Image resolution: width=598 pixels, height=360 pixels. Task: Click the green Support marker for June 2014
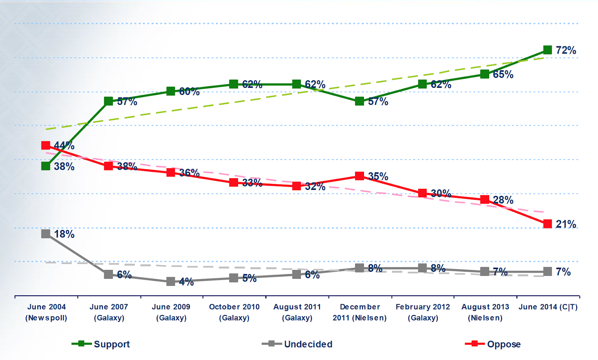tap(548, 50)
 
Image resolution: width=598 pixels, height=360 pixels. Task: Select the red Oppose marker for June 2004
tap(46, 145)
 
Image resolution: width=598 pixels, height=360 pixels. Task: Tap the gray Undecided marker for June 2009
tap(171, 281)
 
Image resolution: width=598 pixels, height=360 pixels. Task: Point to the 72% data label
tap(566, 50)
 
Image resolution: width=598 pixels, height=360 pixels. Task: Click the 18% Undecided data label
tap(64, 234)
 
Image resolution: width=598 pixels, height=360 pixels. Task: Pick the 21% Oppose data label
tap(566, 224)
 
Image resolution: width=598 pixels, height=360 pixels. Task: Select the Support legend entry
tap(101, 344)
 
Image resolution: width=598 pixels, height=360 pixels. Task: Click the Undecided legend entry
tap(297, 344)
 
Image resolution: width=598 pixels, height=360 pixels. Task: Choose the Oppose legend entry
tap(493, 344)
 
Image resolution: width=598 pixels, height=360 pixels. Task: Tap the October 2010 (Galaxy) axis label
tap(234, 312)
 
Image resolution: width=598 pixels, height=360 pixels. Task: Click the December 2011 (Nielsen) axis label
tap(360, 312)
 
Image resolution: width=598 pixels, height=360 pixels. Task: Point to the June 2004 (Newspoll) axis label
tap(46, 312)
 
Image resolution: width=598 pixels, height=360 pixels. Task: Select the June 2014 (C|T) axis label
tap(548, 307)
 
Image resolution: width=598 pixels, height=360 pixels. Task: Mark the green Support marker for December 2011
tap(360, 101)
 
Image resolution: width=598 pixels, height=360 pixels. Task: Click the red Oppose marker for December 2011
tap(360, 176)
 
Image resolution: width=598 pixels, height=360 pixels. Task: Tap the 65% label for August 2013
tap(503, 74)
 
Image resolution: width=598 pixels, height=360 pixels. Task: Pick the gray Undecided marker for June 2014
tap(548, 271)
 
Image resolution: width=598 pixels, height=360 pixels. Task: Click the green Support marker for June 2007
tap(108, 101)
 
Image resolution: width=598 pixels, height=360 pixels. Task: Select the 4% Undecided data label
tap(187, 282)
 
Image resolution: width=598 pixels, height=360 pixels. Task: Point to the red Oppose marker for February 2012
tap(422, 193)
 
